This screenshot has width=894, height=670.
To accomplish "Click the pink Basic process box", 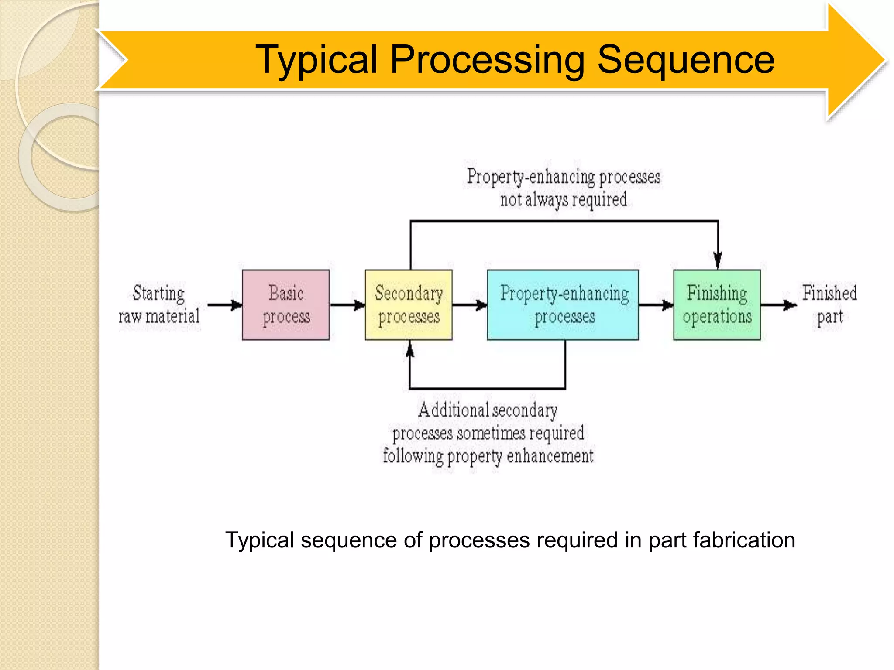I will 285,305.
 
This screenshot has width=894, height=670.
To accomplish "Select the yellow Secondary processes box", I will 409,305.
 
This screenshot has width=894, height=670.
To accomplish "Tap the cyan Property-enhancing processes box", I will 563,305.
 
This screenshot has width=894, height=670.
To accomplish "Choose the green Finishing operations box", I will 717,305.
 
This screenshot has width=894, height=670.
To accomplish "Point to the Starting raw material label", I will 159,304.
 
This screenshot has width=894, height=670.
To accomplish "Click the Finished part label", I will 829,304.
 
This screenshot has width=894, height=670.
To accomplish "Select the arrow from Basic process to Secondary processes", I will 347,305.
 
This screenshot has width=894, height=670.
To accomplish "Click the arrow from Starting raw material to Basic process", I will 225,305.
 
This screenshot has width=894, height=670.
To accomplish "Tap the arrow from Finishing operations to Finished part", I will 779,305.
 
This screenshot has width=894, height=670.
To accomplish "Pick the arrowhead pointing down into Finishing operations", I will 718,260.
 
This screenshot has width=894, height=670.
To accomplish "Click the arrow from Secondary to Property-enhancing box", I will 470,305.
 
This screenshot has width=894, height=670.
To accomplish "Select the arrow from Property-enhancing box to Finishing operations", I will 656,305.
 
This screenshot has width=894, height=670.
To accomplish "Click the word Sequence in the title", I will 685,60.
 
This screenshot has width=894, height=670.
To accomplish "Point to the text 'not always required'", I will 563,200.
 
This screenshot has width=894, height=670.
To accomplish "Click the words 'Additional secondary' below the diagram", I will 488,410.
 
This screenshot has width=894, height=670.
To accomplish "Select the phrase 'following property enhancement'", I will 488,456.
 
